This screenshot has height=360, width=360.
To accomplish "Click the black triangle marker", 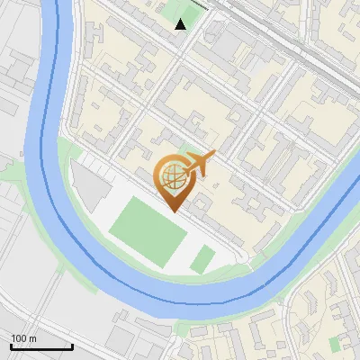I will (x=181, y=24).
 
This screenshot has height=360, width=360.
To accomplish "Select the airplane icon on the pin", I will (x=199, y=164).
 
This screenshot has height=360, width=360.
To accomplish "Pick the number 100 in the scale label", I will (x=19, y=338).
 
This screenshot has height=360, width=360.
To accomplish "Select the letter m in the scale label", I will (x=32, y=338).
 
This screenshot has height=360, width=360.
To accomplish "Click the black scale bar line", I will (x=40, y=346).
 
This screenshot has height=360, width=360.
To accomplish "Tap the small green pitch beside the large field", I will (x=203, y=260).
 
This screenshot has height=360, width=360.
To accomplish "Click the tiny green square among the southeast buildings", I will (x=336, y=345).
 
